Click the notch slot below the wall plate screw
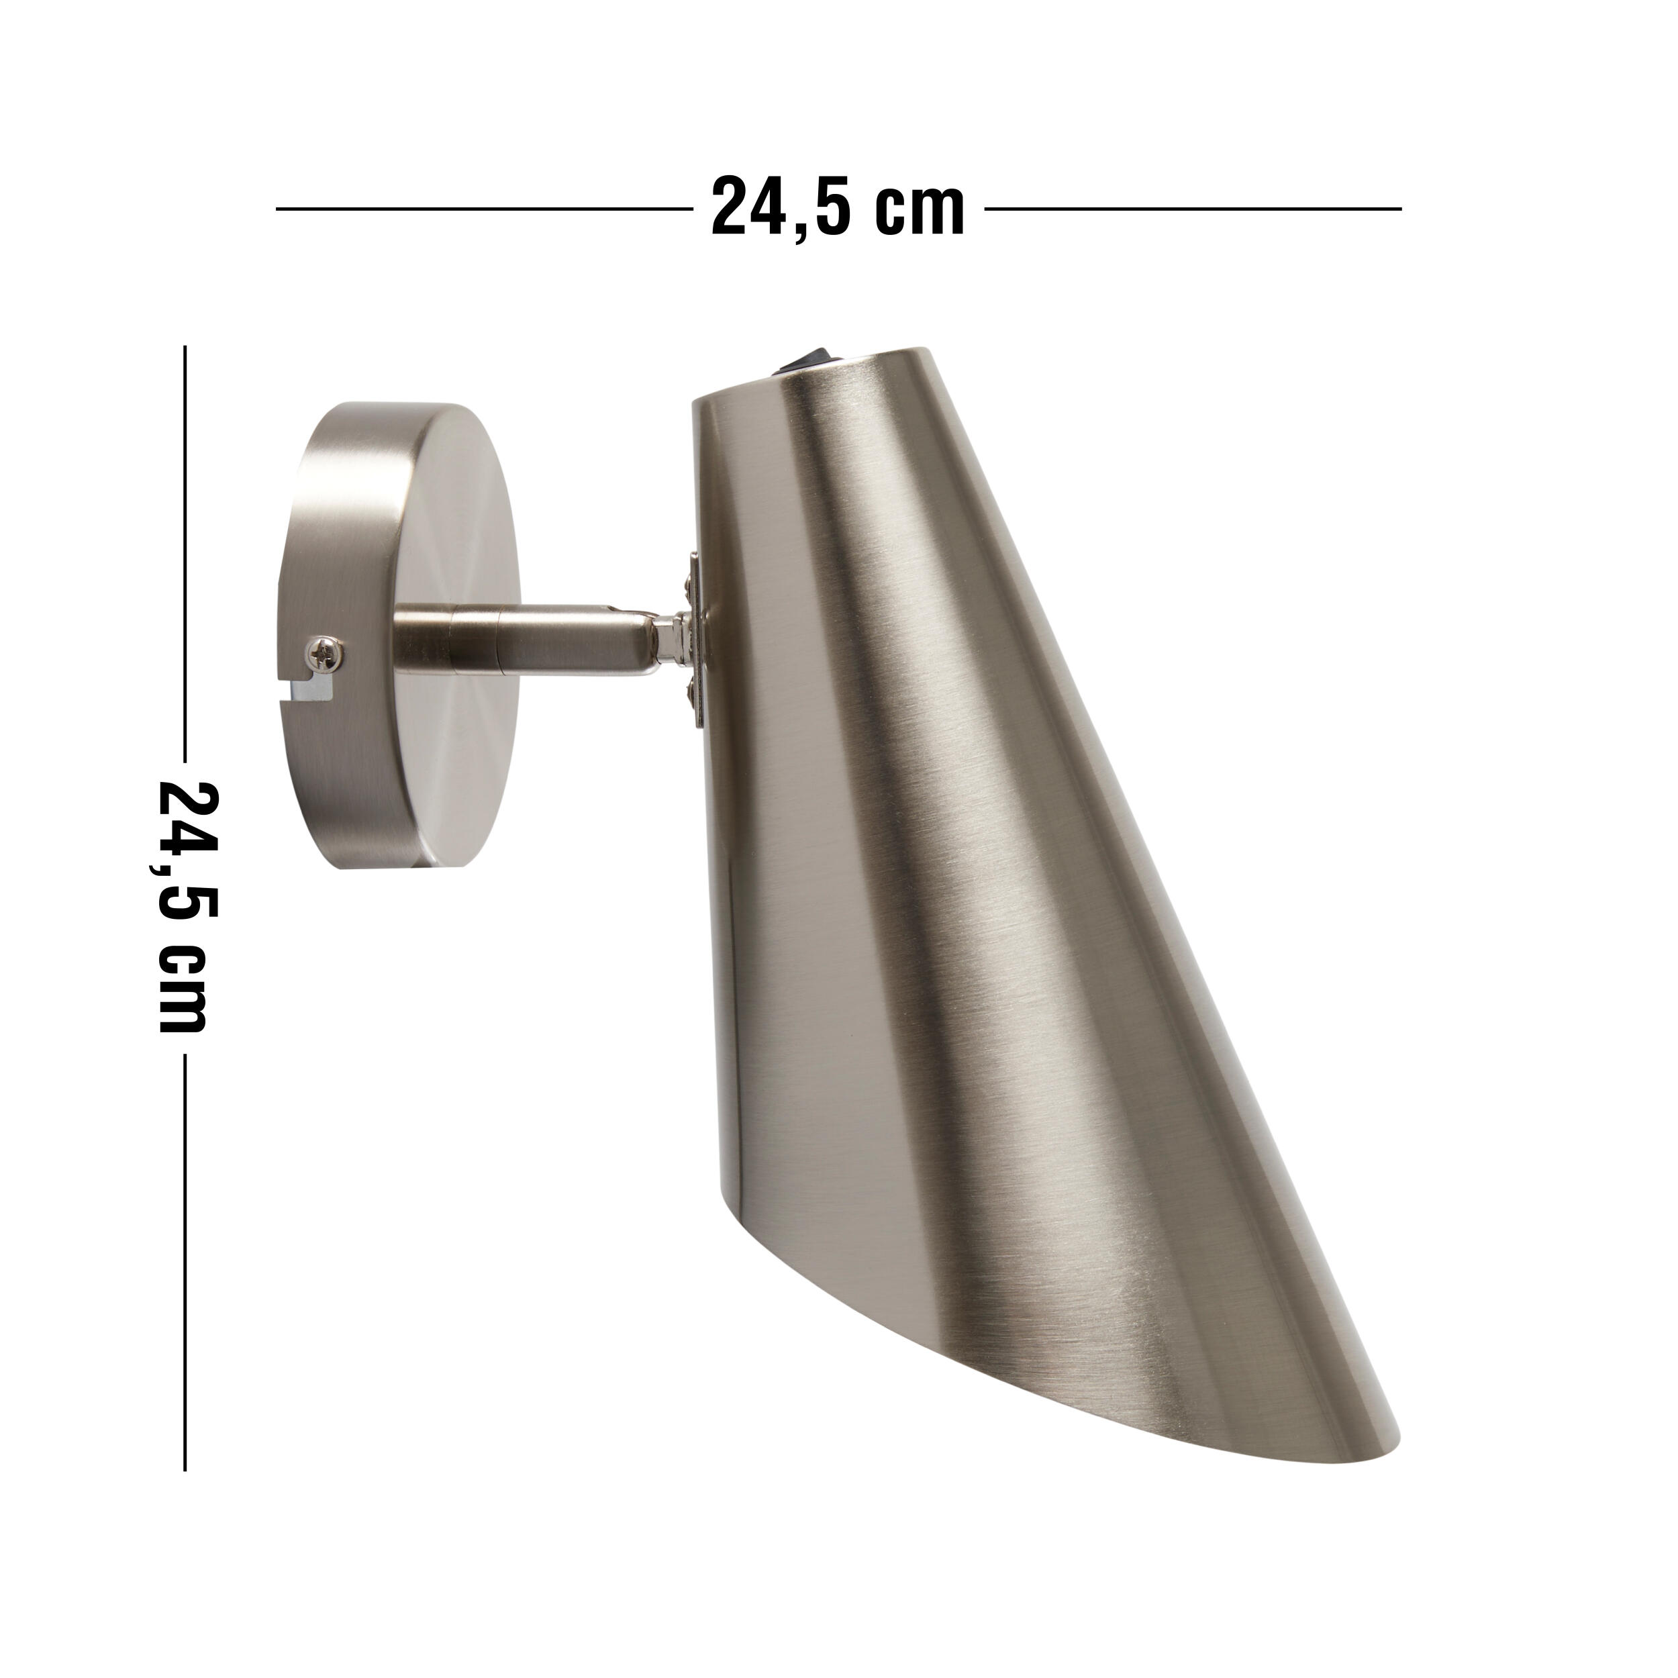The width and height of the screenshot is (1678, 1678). (x=312, y=689)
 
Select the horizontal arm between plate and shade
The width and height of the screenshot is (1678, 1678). (x=521, y=641)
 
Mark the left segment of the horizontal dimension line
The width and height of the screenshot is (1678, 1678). (x=482, y=209)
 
